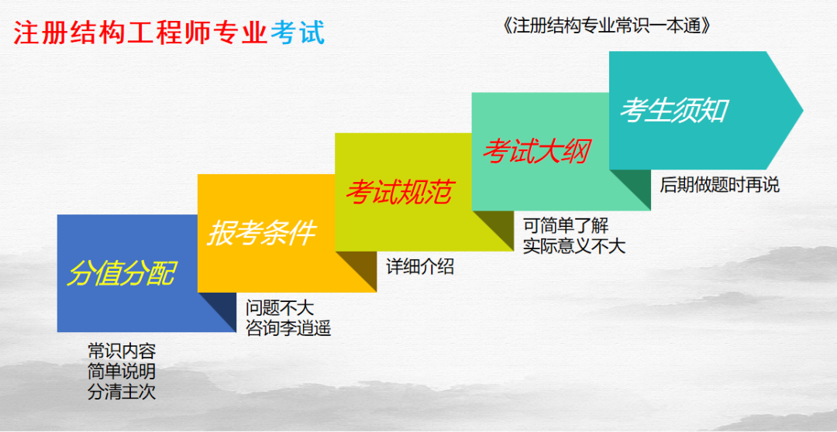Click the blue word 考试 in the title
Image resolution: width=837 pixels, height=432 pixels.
(298, 33)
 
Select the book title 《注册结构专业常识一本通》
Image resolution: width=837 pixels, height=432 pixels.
(607, 26)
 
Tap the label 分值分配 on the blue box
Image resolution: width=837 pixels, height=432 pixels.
(122, 273)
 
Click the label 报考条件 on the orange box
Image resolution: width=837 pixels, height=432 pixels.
(261, 232)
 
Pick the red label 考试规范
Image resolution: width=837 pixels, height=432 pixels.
(398, 192)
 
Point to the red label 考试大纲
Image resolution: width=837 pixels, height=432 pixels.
(536, 151)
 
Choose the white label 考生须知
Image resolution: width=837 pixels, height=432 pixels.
(673, 111)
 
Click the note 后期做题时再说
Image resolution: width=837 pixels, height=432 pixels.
(719, 186)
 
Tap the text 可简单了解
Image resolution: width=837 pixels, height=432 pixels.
(566, 226)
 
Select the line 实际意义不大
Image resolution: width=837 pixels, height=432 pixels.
(574, 246)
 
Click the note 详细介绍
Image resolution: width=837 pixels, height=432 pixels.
(420, 268)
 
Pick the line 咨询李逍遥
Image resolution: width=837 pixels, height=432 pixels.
(288, 328)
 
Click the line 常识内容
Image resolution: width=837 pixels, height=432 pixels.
(122, 351)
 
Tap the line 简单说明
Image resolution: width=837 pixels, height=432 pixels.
(122, 371)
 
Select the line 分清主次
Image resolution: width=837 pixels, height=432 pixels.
(122, 392)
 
